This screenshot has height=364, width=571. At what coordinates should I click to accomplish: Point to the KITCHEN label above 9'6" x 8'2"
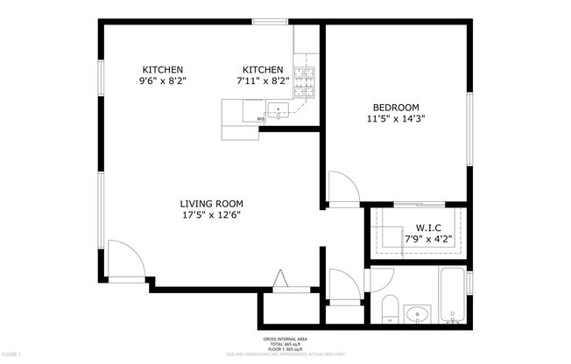pos(163,70)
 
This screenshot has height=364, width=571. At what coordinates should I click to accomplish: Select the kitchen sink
pos(279,112)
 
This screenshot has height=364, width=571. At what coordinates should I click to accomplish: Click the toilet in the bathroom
pos(391,309)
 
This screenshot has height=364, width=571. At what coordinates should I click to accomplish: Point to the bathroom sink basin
pos(419,313)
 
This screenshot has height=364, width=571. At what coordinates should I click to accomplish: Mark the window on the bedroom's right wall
pos(470,127)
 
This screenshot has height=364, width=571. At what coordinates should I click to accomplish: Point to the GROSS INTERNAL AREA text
pos(285,339)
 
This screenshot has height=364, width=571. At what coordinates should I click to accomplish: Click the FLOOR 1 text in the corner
pos(11,353)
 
